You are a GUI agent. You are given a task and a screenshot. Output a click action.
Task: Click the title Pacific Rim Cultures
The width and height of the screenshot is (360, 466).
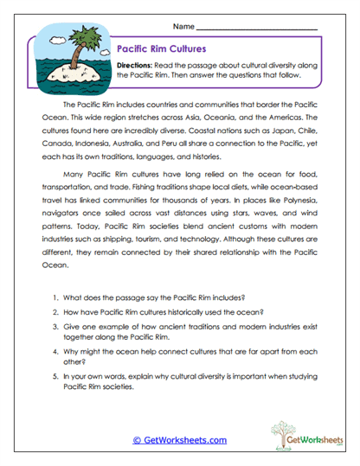click(161, 49)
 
